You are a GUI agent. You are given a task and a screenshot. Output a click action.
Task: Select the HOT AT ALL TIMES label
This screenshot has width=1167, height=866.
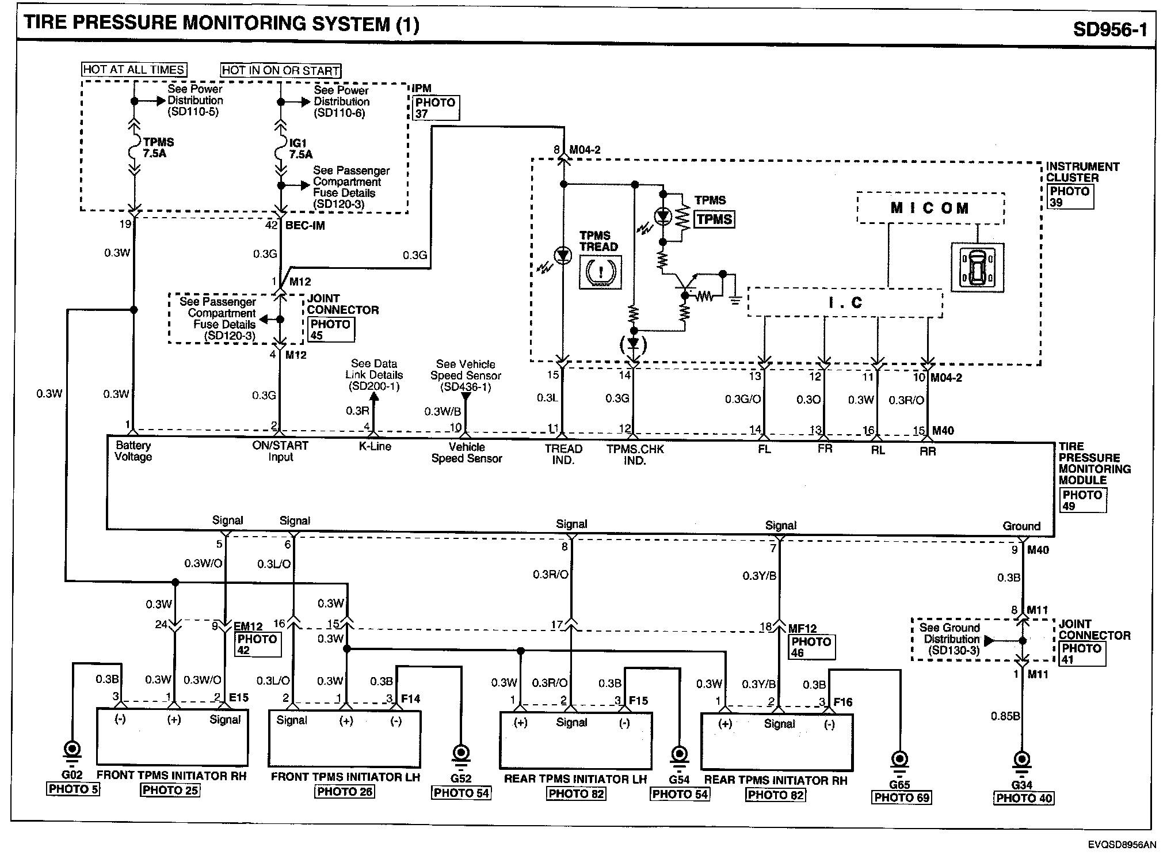pos(134,70)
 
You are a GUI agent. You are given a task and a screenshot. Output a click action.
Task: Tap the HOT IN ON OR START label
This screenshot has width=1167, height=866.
pos(281,71)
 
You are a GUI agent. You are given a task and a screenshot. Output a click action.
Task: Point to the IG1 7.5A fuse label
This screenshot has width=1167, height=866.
pos(300,149)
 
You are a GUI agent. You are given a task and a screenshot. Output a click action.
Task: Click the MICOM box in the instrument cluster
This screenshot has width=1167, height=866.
pos(930,208)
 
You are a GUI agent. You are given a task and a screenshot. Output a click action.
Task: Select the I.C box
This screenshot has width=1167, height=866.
pos(845,303)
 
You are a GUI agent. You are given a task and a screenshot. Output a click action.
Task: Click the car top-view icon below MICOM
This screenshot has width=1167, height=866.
pos(977,267)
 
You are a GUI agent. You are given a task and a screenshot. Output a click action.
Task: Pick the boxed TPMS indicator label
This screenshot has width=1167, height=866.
pos(714,219)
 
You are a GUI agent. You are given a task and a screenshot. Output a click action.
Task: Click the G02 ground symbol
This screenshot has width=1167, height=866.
pos(73,750)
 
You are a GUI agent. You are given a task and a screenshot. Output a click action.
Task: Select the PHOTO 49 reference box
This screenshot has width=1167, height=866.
pos(1082,500)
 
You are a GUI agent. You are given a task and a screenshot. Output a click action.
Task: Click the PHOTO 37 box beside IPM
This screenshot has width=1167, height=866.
pos(435,108)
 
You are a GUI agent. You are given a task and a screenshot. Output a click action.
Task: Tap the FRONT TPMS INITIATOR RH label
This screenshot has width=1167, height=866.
pos(171,776)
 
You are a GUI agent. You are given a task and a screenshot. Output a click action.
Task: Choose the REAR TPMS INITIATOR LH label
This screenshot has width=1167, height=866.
pos(575,779)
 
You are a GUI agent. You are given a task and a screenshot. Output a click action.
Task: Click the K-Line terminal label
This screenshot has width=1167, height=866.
pos(375,446)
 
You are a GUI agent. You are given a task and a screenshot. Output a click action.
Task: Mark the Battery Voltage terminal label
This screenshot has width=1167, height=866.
pos(133,451)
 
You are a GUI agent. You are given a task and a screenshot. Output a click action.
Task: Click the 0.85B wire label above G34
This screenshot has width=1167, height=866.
pos(1005,716)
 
